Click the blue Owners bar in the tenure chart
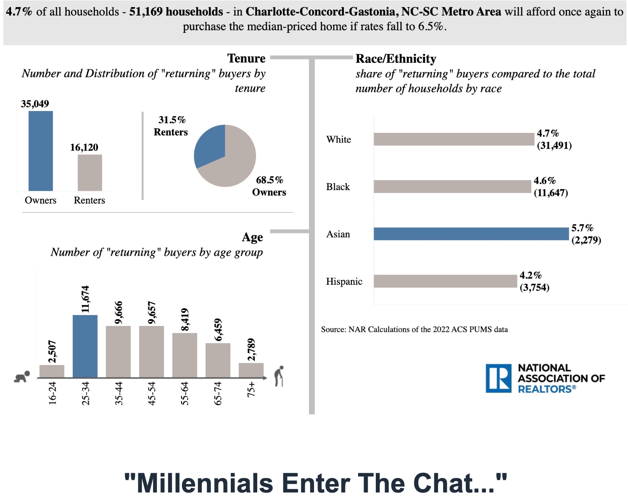coord(41,151)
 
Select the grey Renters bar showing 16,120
coord(90,172)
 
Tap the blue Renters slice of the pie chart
coord(209,145)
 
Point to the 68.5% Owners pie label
coord(269,186)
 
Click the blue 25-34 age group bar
coord(85,346)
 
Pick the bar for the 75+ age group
coord(251,370)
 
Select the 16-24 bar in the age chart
coord(52,371)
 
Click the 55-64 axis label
coord(185,393)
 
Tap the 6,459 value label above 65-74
coord(218,330)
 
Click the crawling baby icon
coord(22,376)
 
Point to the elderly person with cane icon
coord(279,376)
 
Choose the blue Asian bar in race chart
coord(471,234)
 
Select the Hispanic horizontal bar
coord(445,281)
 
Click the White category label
coord(338,140)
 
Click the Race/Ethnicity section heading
coord(396,58)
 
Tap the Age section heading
coord(252,237)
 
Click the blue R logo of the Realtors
coord(499,378)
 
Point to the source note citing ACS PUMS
coord(414,329)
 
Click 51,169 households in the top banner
coord(176,11)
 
